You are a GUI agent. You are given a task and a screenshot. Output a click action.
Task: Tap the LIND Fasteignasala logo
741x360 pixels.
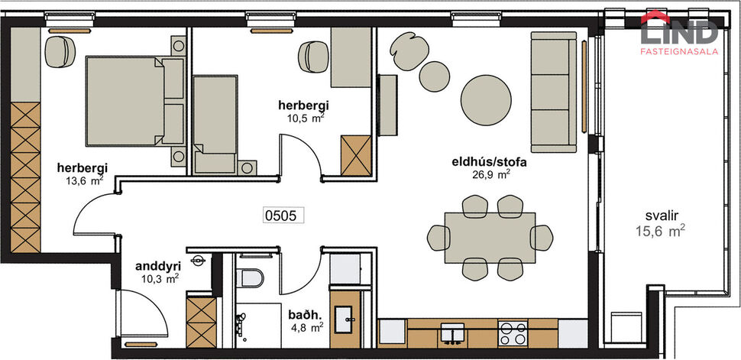point(679,34)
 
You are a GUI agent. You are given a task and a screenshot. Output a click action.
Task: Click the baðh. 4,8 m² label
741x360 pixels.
point(305,319)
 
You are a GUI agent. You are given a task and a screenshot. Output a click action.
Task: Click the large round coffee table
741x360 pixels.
point(487,99)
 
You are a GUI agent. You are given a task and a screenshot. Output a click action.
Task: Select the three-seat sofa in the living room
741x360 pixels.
point(552,91)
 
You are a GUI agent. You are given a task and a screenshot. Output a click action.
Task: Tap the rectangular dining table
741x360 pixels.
point(489,238)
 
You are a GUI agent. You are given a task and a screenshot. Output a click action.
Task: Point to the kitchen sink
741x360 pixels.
point(452,333)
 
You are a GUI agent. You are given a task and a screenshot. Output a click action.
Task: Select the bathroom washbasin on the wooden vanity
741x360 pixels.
point(351,316)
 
